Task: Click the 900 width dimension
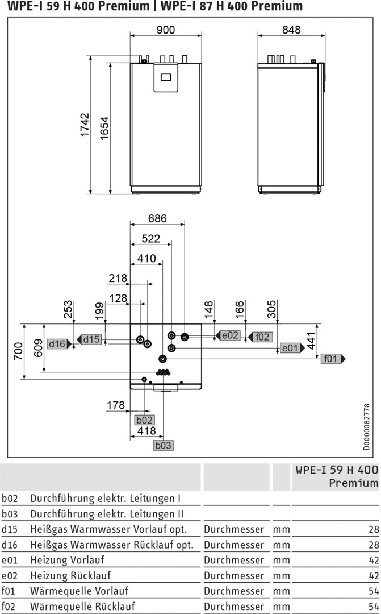[166, 30]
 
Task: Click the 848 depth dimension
[291, 30]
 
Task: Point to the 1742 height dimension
[85, 125]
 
